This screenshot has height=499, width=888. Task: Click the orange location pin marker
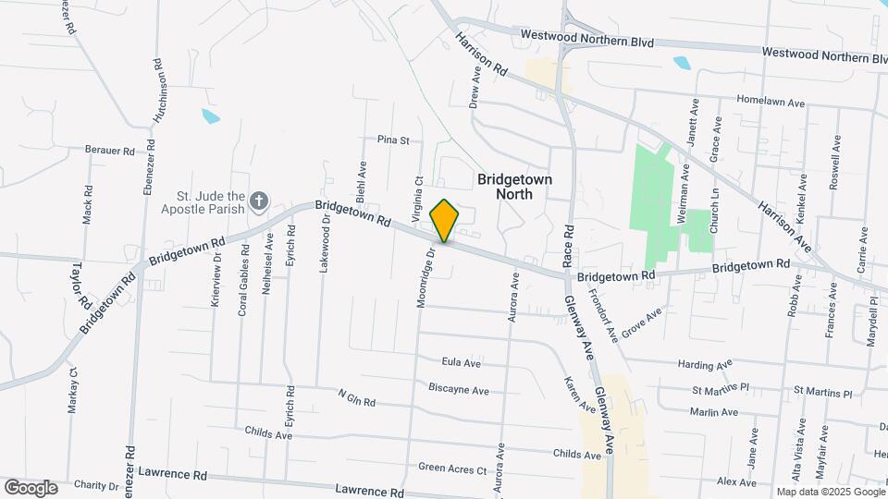(x=445, y=220)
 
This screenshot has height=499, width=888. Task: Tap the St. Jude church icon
(x=260, y=201)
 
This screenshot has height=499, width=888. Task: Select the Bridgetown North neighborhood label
(x=512, y=186)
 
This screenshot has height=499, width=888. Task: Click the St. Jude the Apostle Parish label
(x=210, y=202)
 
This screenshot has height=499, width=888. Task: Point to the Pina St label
(x=393, y=140)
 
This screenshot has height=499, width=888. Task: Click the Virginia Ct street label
(x=419, y=195)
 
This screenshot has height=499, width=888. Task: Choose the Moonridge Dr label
(x=425, y=277)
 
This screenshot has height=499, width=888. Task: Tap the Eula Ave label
(x=462, y=362)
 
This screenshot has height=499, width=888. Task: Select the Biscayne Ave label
(x=459, y=390)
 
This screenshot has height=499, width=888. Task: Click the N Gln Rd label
(x=356, y=398)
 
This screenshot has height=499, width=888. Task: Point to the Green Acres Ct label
(x=452, y=469)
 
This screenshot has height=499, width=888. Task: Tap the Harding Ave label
(x=705, y=365)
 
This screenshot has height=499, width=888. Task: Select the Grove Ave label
(x=642, y=323)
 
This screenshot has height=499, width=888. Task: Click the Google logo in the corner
(x=31, y=488)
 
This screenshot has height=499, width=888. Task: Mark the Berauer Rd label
(x=110, y=150)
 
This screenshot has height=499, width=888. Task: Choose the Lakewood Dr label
(x=325, y=245)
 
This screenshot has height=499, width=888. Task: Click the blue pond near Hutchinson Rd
(x=211, y=116)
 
